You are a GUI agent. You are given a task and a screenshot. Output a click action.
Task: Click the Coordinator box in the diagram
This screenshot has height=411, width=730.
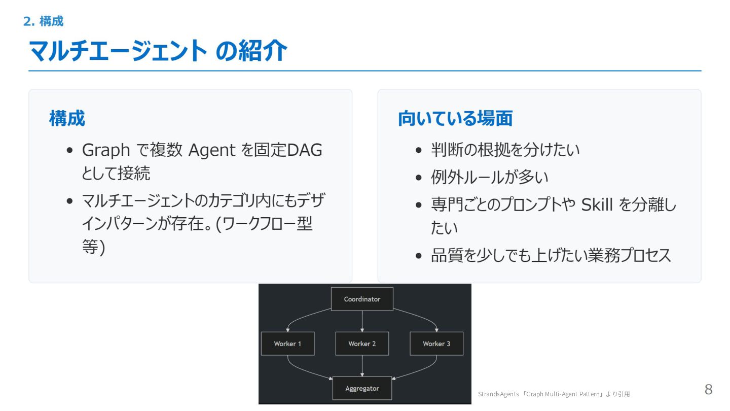pyautogui.click(x=362, y=299)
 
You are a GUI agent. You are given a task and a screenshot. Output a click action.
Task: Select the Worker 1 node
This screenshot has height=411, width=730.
pyautogui.click(x=287, y=344)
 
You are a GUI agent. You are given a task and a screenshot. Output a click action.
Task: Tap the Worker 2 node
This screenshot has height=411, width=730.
pyautogui.click(x=362, y=344)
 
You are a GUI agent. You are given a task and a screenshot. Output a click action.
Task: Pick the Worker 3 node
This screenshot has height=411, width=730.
pyautogui.click(x=436, y=344)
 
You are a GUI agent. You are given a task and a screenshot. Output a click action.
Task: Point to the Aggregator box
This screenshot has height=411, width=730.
pyautogui.click(x=362, y=389)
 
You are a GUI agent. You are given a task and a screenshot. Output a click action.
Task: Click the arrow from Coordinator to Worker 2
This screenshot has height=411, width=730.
pyautogui.click(x=362, y=321)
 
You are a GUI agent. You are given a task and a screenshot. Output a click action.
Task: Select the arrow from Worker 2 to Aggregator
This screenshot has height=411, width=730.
pyautogui.click(x=362, y=366)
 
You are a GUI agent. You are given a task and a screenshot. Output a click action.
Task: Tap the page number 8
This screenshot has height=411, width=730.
pyautogui.click(x=708, y=390)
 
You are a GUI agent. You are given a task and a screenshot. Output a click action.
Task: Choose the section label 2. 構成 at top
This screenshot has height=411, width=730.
pyautogui.click(x=44, y=21)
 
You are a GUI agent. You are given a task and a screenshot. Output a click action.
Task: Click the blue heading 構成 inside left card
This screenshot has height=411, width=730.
pyautogui.click(x=67, y=119)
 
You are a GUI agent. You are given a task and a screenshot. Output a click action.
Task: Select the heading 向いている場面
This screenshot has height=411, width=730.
pyautogui.click(x=455, y=119)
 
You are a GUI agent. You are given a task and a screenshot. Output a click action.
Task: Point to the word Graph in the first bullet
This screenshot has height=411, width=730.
pyautogui.click(x=106, y=150)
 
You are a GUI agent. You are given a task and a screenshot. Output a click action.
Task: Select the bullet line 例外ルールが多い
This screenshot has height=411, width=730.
pyautogui.click(x=490, y=178)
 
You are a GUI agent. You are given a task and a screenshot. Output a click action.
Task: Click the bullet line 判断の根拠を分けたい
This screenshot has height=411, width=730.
pyautogui.click(x=505, y=150)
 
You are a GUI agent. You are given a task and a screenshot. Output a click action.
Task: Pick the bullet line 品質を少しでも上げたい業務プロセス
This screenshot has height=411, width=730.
pyautogui.click(x=551, y=256)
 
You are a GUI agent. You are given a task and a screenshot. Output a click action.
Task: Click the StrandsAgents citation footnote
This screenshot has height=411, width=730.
pyautogui.click(x=554, y=394)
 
